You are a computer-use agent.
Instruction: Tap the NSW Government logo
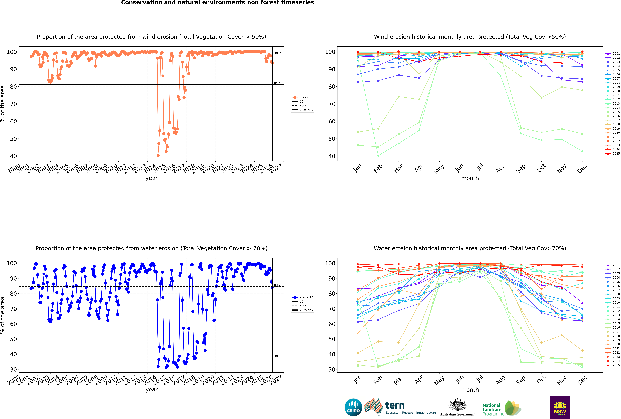click(560, 407)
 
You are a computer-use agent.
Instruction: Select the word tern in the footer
click(395, 406)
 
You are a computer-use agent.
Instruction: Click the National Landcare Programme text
click(492, 409)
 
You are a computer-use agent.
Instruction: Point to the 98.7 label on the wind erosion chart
click(277, 53)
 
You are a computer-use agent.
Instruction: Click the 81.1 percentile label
click(277, 83)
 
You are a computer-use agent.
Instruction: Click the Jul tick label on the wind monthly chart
click(480, 168)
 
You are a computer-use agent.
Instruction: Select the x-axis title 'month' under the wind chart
click(470, 178)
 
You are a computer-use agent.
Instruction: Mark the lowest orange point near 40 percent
click(158, 156)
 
